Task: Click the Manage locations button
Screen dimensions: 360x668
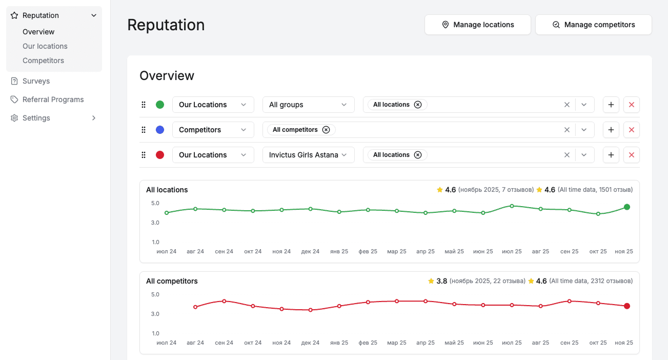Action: click(x=477, y=25)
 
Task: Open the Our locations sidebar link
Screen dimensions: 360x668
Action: click(x=45, y=46)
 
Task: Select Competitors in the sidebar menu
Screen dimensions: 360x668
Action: click(x=43, y=61)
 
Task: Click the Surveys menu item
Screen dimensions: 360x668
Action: click(x=36, y=81)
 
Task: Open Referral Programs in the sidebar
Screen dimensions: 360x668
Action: click(x=53, y=99)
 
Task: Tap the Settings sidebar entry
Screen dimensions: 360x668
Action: click(x=36, y=118)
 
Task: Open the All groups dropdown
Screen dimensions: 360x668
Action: click(x=308, y=105)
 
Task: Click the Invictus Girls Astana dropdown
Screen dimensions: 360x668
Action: click(x=308, y=155)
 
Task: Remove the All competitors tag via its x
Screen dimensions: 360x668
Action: click(x=326, y=130)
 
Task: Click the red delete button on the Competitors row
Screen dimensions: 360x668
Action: click(x=631, y=130)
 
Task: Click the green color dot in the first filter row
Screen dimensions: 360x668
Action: click(x=160, y=105)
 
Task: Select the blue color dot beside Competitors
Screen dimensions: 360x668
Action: click(x=160, y=130)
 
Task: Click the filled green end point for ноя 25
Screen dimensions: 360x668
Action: click(x=626, y=207)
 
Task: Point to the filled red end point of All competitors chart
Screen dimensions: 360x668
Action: click(x=626, y=306)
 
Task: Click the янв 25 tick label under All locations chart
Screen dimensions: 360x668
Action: click(x=339, y=251)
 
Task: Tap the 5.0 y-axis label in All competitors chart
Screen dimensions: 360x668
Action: click(x=155, y=294)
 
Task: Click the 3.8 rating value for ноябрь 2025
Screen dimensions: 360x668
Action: click(x=441, y=281)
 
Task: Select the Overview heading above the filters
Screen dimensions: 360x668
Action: click(x=167, y=76)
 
